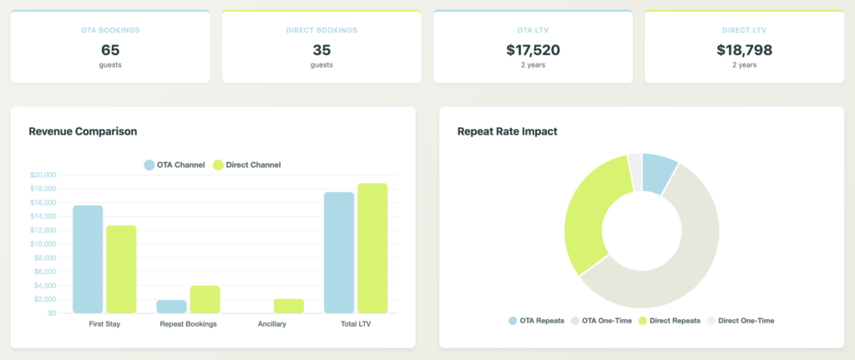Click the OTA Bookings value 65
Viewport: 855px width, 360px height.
110,50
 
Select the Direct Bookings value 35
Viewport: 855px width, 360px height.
321,50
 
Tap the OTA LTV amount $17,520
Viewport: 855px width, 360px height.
533,50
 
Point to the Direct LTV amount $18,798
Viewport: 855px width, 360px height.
744,50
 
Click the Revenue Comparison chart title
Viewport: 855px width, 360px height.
83,131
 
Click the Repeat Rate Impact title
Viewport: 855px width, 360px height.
508,131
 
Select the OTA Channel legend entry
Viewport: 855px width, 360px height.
175,165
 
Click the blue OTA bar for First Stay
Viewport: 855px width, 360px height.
88,259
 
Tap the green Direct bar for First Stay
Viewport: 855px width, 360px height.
121,269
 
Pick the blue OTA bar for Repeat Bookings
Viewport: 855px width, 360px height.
171,307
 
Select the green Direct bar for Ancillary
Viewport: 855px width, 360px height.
289,306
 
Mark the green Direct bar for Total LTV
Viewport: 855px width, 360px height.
372,248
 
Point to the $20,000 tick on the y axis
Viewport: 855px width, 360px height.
42,175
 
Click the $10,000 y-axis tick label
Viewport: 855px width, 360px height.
42,244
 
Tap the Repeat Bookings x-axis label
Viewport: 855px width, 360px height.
188,324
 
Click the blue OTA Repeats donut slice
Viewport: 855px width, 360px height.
658,173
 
